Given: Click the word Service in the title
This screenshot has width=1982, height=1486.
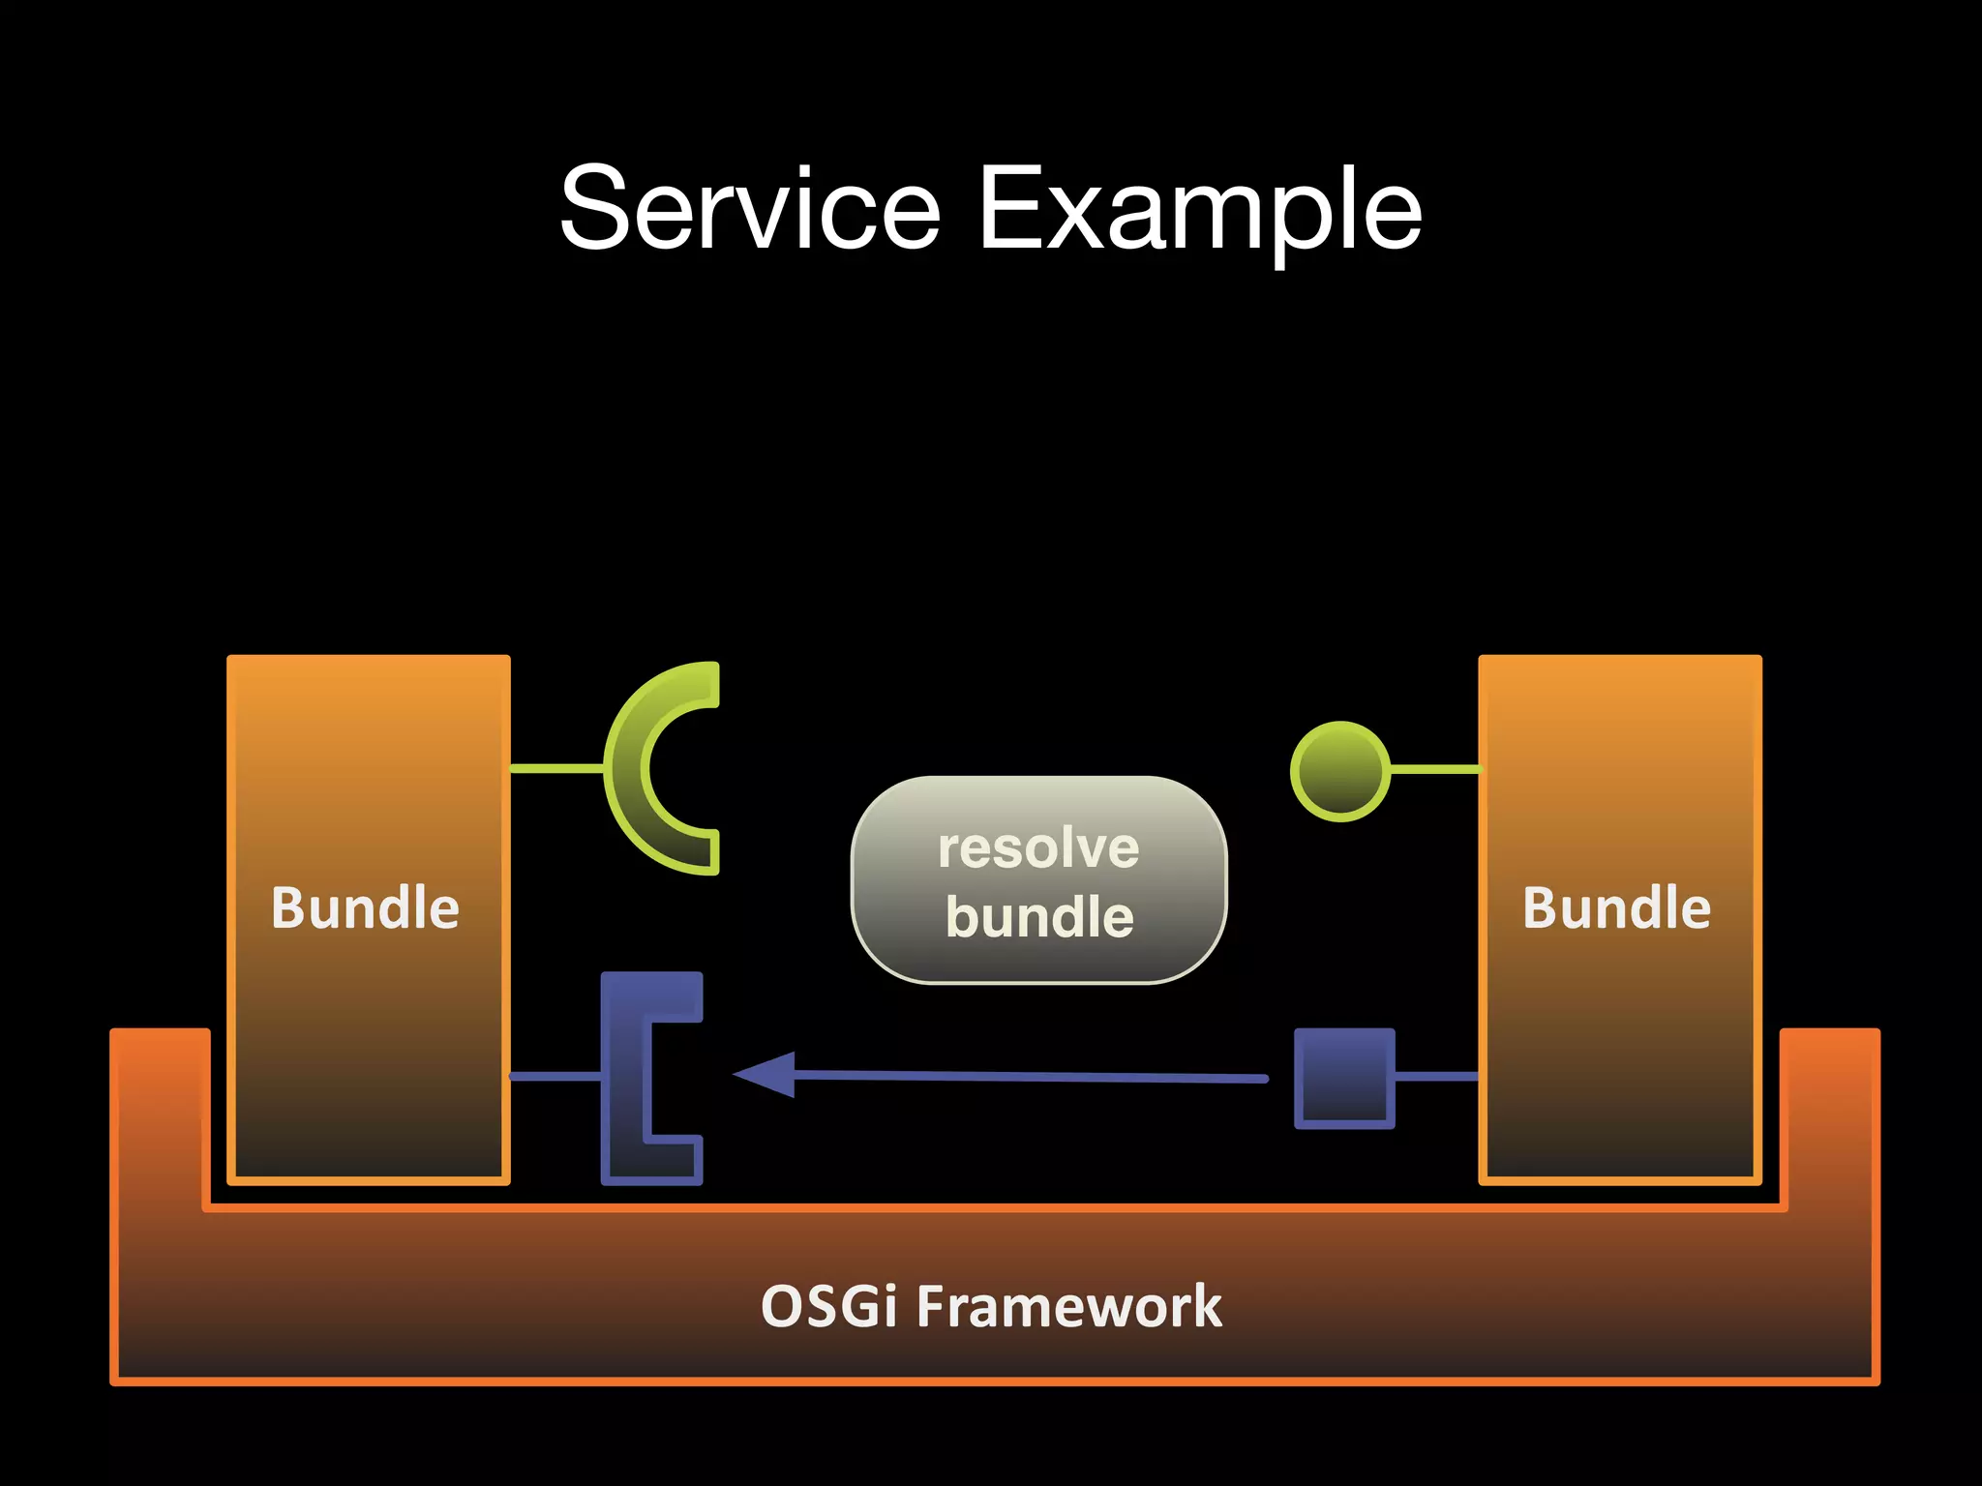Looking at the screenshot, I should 750,208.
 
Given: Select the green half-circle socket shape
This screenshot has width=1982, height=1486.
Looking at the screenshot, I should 627,768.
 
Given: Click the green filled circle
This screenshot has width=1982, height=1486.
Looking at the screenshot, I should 1340,771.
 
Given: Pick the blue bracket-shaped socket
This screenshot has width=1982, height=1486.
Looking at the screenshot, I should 624,1078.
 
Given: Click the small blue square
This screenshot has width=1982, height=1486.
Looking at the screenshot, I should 1344,1078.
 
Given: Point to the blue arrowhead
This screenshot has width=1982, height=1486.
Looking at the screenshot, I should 769,1074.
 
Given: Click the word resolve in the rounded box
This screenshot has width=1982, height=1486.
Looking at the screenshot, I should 1038,848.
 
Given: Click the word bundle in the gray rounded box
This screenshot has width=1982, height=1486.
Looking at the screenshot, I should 1039,916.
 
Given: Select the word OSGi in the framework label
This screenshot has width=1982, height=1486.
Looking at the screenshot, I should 829,1306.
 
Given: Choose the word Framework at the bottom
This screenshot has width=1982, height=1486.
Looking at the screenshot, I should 1069,1306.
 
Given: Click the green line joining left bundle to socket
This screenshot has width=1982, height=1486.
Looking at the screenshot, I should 556,768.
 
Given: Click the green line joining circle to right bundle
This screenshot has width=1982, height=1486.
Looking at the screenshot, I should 1434,769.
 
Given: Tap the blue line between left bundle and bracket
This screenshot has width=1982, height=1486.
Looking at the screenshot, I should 555,1076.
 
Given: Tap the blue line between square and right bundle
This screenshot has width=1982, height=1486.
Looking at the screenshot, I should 1436,1076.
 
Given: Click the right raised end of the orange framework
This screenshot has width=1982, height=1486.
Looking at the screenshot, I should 1831,1113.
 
